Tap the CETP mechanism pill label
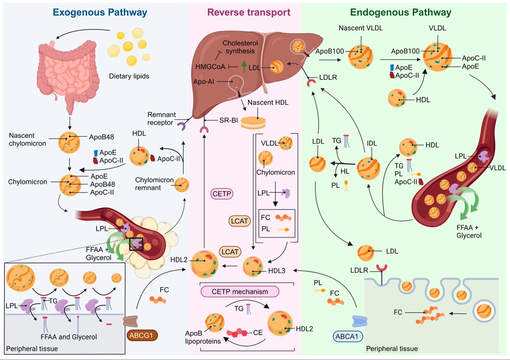tap(246, 292)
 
